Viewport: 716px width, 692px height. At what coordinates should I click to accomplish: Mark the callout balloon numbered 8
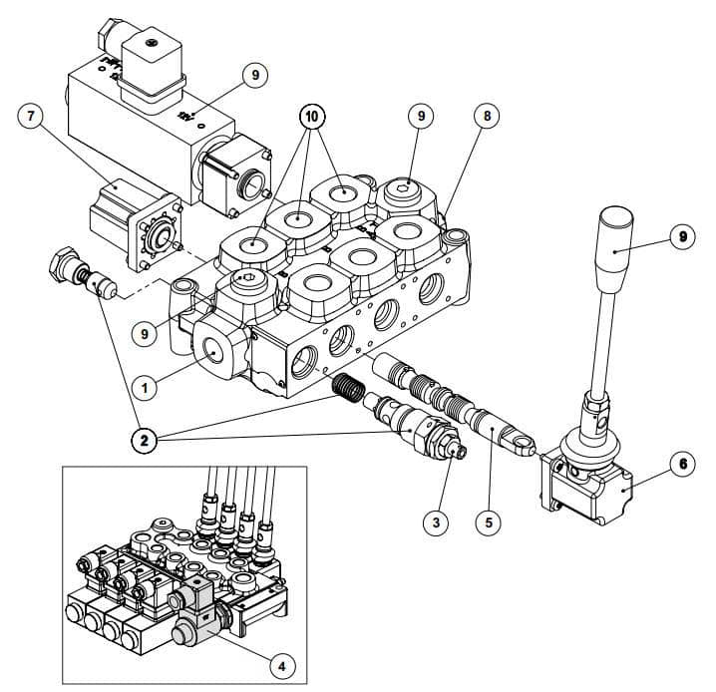[486, 116]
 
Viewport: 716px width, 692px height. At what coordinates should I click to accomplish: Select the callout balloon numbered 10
[312, 116]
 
